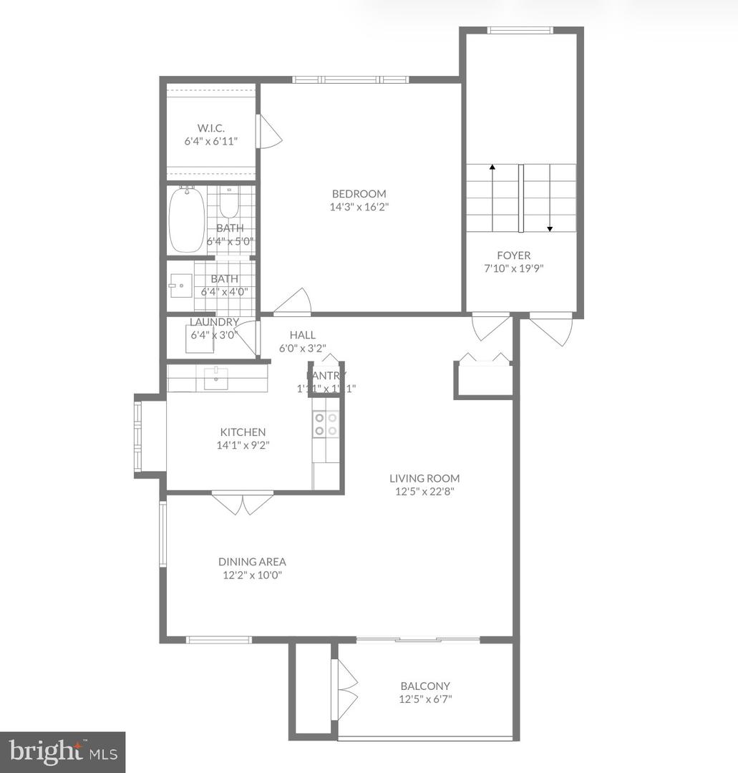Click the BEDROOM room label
pos(359,193)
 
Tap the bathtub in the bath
pos(187,220)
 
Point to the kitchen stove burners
pos(326,424)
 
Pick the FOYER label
pos(514,255)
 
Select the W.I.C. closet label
pos(210,127)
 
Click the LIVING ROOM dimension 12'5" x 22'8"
pos(424,492)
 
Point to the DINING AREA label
pos(252,562)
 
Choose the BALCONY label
pos(425,686)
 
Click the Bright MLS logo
pos(62,751)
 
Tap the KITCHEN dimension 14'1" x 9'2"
pos(242,445)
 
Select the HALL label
pos(302,335)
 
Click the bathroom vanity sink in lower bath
pos(180,286)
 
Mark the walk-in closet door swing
pos(270,132)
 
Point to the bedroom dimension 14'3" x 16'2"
pos(359,208)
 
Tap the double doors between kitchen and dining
pos(243,503)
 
